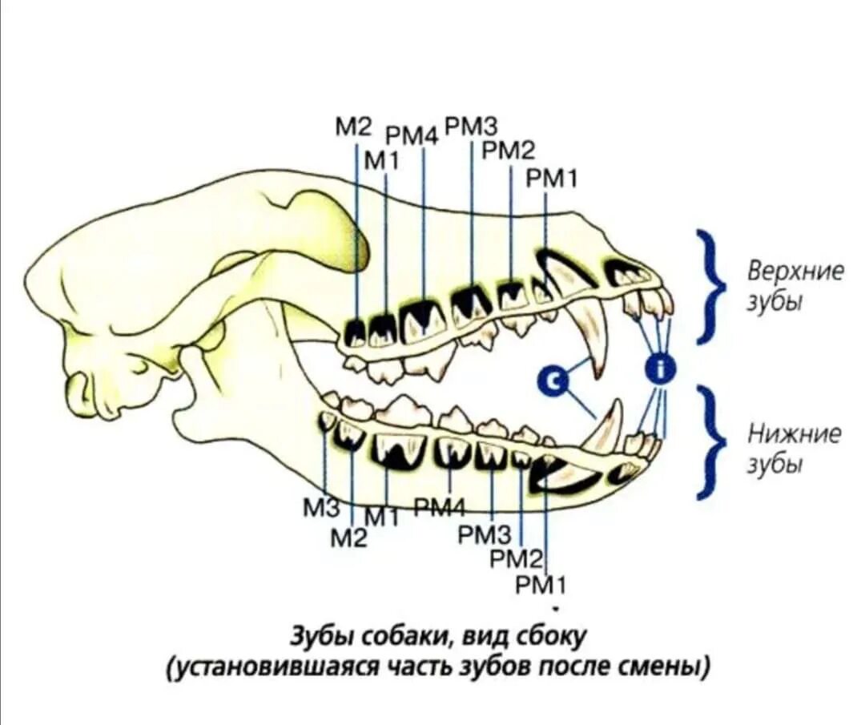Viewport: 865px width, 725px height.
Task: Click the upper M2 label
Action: point(353,127)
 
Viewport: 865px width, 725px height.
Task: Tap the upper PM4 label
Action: point(412,136)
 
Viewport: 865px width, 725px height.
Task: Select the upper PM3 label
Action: point(471,126)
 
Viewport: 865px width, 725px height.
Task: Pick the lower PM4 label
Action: point(441,505)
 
